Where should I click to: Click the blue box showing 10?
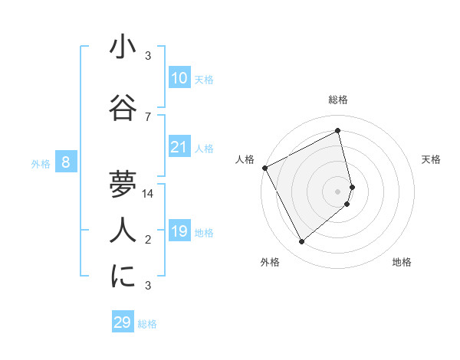coord(179,78)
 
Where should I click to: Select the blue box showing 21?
coord(179,147)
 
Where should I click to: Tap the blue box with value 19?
coord(179,231)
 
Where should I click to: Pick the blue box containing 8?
coord(66,162)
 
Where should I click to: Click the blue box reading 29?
coord(123,322)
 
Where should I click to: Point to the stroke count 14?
coord(148,194)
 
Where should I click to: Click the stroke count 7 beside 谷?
coord(148,116)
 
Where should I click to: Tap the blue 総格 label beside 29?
coord(148,324)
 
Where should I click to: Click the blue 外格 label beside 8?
coord(41,163)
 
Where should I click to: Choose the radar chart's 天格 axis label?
coord(431,159)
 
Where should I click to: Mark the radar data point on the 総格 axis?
coord(338,131)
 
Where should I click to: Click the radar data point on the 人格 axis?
coord(264,168)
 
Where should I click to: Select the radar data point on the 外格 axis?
coord(301,242)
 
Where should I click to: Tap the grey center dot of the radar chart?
coord(338,191)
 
